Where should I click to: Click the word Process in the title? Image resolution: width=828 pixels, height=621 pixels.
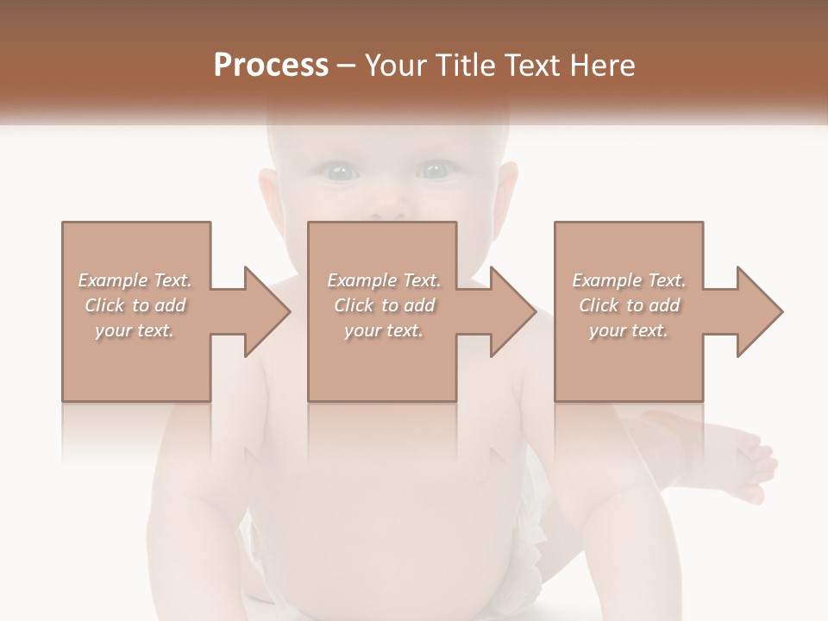click(271, 66)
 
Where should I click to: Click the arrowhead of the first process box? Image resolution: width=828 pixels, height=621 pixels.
click(267, 311)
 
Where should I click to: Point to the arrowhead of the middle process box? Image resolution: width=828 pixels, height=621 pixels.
click(513, 311)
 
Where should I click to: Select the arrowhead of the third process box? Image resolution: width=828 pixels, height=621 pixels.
click(760, 311)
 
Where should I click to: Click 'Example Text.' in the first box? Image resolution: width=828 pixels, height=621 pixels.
click(135, 280)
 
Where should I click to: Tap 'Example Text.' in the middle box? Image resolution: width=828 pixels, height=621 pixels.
click(384, 280)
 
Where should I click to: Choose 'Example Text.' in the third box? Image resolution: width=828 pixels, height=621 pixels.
click(629, 280)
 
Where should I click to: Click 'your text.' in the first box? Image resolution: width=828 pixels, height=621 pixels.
click(135, 330)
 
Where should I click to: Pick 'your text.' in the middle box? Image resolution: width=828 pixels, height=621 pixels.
click(384, 330)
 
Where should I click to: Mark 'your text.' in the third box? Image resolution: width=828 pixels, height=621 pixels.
click(629, 330)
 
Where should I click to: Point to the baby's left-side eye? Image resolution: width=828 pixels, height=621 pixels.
click(342, 172)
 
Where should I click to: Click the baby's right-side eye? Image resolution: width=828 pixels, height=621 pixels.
click(435, 171)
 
